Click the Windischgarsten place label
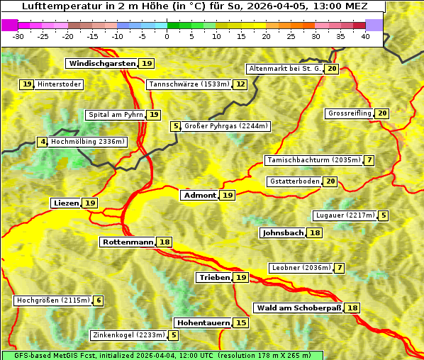101,64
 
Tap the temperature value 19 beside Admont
227,196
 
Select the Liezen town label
66,203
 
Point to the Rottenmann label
128,242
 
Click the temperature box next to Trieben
241,278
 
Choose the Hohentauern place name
203,323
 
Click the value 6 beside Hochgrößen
99,300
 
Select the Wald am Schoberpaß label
299,308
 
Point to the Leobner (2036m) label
301,268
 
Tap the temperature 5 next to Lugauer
383,215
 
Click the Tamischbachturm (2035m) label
313,160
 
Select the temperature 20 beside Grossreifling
383,113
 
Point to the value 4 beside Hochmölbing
43,142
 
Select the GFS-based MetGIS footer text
162,355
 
